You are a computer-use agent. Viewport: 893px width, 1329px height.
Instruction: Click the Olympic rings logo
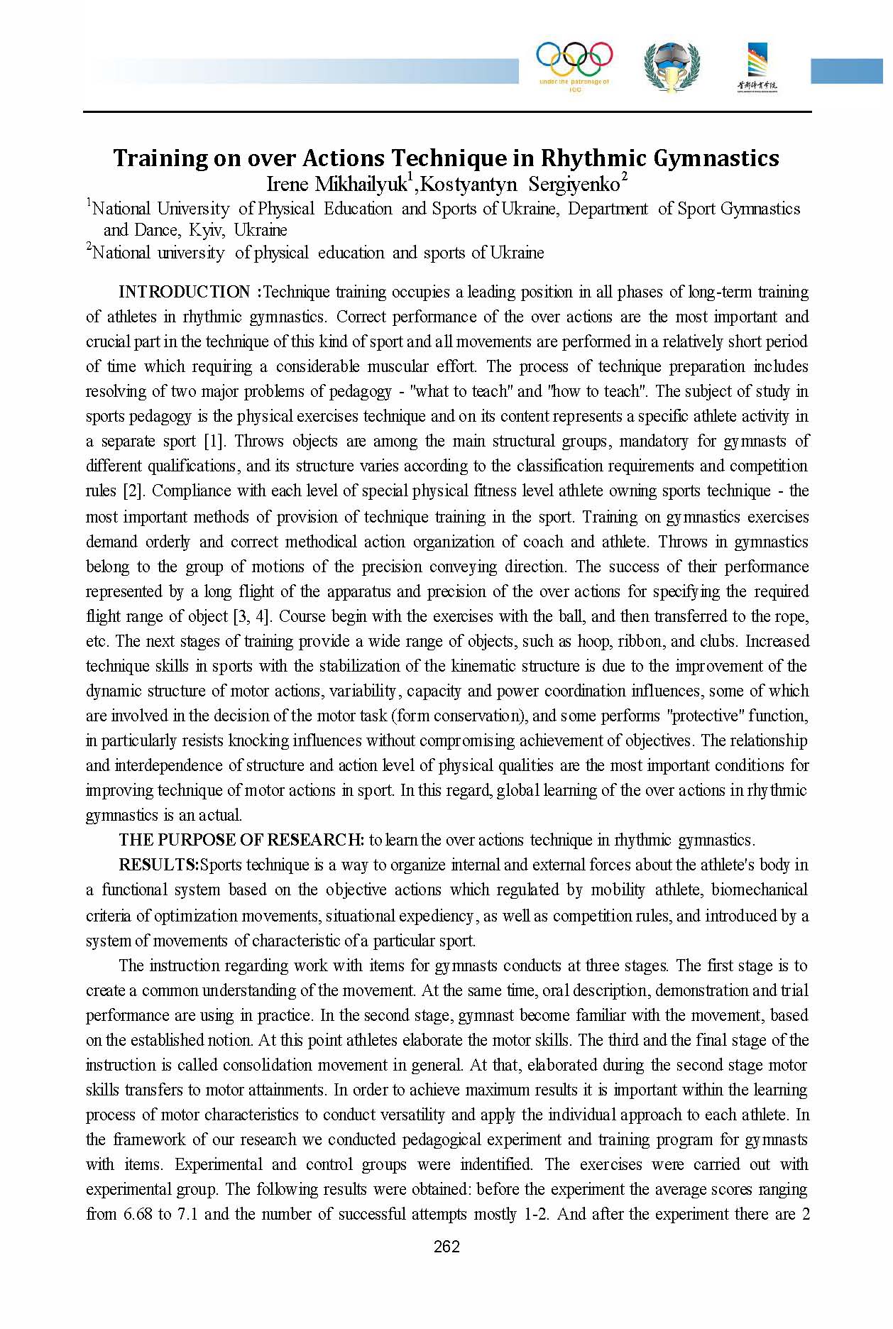pos(574,60)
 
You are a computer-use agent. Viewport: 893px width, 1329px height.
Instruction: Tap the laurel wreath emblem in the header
pos(672,66)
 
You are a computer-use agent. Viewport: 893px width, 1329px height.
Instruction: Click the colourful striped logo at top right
pos(757,66)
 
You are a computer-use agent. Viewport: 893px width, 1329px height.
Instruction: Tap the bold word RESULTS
pos(158,865)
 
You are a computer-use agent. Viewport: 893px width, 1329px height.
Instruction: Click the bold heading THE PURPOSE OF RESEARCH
pos(241,840)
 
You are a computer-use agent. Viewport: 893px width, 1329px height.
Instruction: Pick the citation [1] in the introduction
pos(214,441)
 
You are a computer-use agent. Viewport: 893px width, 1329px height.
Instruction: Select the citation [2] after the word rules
pos(133,491)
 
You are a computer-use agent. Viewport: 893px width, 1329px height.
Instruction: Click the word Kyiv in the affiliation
pos(207,230)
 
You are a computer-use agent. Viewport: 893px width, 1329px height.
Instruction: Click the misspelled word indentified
pos(496,1164)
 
